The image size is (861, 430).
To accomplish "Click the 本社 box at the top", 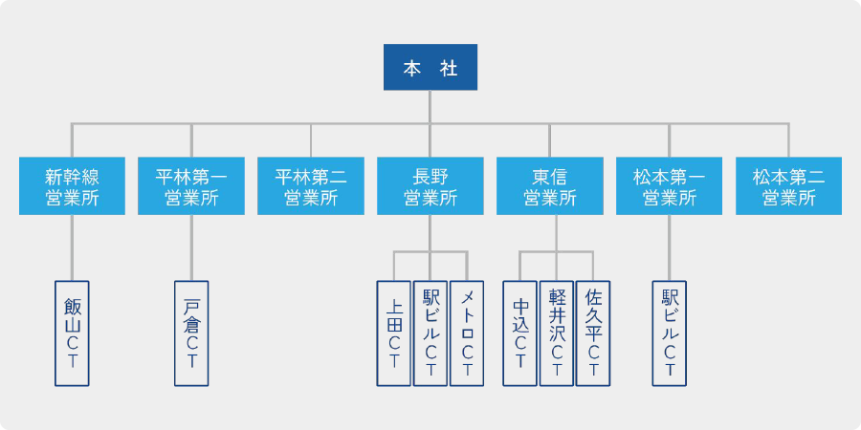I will pyautogui.click(x=430, y=68).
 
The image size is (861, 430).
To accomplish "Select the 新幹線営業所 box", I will pyautogui.click(x=72, y=186).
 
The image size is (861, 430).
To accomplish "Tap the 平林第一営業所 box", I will pyautogui.click(x=191, y=186).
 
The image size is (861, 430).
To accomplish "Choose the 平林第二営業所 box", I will pyautogui.click(x=311, y=186).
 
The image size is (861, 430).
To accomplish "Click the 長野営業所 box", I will pyautogui.click(x=430, y=186).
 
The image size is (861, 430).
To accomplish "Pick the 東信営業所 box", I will pyautogui.click(x=550, y=186).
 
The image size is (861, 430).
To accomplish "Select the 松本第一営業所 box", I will pyautogui.click(x=669, y=186).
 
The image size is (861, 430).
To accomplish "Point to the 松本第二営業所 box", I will pyautogui.click(x=788, y=186).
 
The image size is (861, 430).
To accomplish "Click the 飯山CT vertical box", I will pyautogui.click(x=72, y=333).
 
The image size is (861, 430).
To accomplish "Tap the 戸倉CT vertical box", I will pyautogui.click(x=191, y=333).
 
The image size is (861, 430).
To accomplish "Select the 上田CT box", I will pyautogui.click(x=393, y=333).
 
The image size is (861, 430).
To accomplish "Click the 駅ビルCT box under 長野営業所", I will pyautogui.click(x=430, y=333).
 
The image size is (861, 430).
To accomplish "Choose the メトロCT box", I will pyautogui.click(x=466, y=333).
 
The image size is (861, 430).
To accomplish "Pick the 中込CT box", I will pyautogui.click(x=519, y=333).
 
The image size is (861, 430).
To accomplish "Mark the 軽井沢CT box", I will pyautogui.click(x=556, y=333).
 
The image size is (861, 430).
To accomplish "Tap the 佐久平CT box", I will pyautogui.click(x=592, y=333).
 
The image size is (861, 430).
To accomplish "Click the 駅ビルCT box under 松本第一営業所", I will pyautogui.click(x=669, y=333).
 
